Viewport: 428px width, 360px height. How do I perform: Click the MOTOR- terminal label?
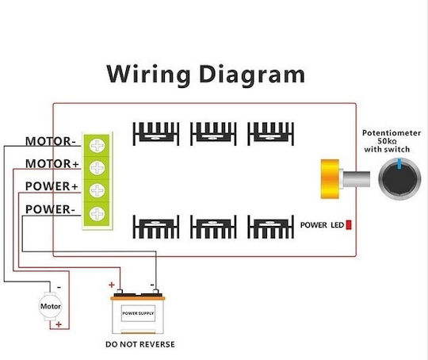tap(50, 141)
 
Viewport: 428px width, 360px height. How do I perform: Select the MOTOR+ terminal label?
tap(52, 163)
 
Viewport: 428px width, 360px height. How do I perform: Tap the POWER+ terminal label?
tap(52, 186)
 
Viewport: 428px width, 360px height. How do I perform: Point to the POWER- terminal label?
tap(50, 209)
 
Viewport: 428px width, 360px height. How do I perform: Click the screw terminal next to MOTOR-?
tap(97, 145)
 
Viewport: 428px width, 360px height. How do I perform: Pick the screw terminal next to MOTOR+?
tap(97, 167)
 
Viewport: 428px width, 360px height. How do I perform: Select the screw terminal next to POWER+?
tap(97, 190)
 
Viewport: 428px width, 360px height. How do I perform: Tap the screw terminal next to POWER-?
tap(97, 213)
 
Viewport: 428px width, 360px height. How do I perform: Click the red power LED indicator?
tap(349, 224)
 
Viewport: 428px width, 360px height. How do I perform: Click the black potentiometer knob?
tap(399, 178)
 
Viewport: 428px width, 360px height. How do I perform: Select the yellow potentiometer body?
tap(330, 179)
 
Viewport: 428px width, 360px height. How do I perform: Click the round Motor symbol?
tap(51, 306)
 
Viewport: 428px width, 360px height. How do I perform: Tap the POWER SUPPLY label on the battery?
tap(138, 313)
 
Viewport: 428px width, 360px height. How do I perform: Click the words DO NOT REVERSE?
tap(140, 344)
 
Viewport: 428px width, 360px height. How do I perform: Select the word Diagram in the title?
tap(252, 75)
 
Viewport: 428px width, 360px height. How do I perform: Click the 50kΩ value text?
tap(387, 141)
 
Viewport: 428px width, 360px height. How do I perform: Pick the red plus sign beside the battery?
tap(112, 285)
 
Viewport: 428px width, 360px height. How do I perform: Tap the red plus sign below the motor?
tap(59, 324)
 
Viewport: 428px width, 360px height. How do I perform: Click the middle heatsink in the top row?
tap(213, 134)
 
